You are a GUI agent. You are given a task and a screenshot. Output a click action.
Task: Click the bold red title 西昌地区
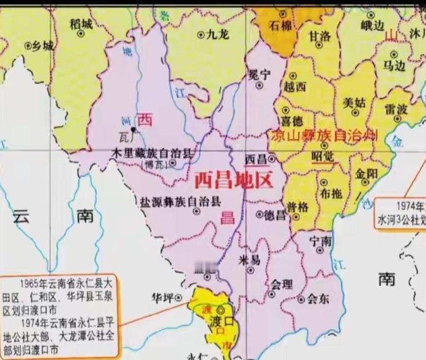coord(232,181)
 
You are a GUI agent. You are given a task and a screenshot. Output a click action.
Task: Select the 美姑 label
coord(353,103)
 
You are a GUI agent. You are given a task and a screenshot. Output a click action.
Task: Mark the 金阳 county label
coord(366,173)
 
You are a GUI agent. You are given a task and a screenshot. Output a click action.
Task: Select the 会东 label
coord(318,298)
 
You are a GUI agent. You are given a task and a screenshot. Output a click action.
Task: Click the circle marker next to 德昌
coord(258,215)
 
